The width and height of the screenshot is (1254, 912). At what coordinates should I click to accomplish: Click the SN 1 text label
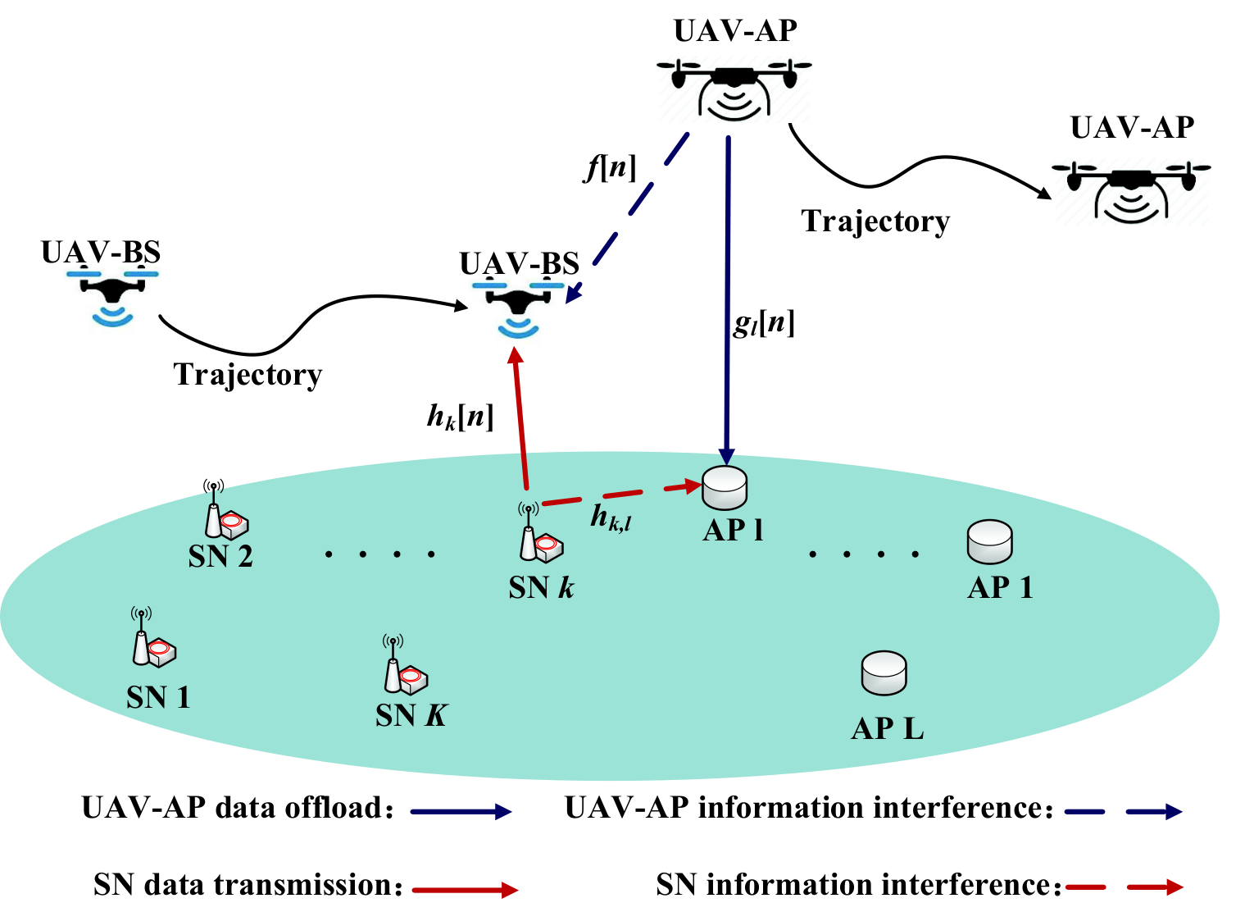point(158,698)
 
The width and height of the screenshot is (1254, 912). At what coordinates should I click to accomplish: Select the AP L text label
point(888,729)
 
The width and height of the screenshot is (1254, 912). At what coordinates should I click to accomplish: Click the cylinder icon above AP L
point(884,673)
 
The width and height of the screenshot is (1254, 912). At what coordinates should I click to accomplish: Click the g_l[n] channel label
point(764,324)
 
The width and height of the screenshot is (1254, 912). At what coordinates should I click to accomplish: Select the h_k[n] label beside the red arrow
point(460,417)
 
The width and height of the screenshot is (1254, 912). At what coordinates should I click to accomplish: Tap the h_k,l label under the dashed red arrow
point(611,517)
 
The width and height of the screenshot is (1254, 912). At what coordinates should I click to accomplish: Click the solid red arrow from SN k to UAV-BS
point(520,418)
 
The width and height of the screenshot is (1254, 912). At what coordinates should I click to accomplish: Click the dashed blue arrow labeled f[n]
point(627,218)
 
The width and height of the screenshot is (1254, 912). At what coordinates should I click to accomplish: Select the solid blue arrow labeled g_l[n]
point(727,300)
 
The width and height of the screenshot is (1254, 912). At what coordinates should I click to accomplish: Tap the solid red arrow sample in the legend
point(466,889)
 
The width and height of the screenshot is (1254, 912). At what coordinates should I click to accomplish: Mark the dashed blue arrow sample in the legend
point(1123,811)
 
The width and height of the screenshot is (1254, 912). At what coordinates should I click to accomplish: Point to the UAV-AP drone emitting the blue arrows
point(734,89)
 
